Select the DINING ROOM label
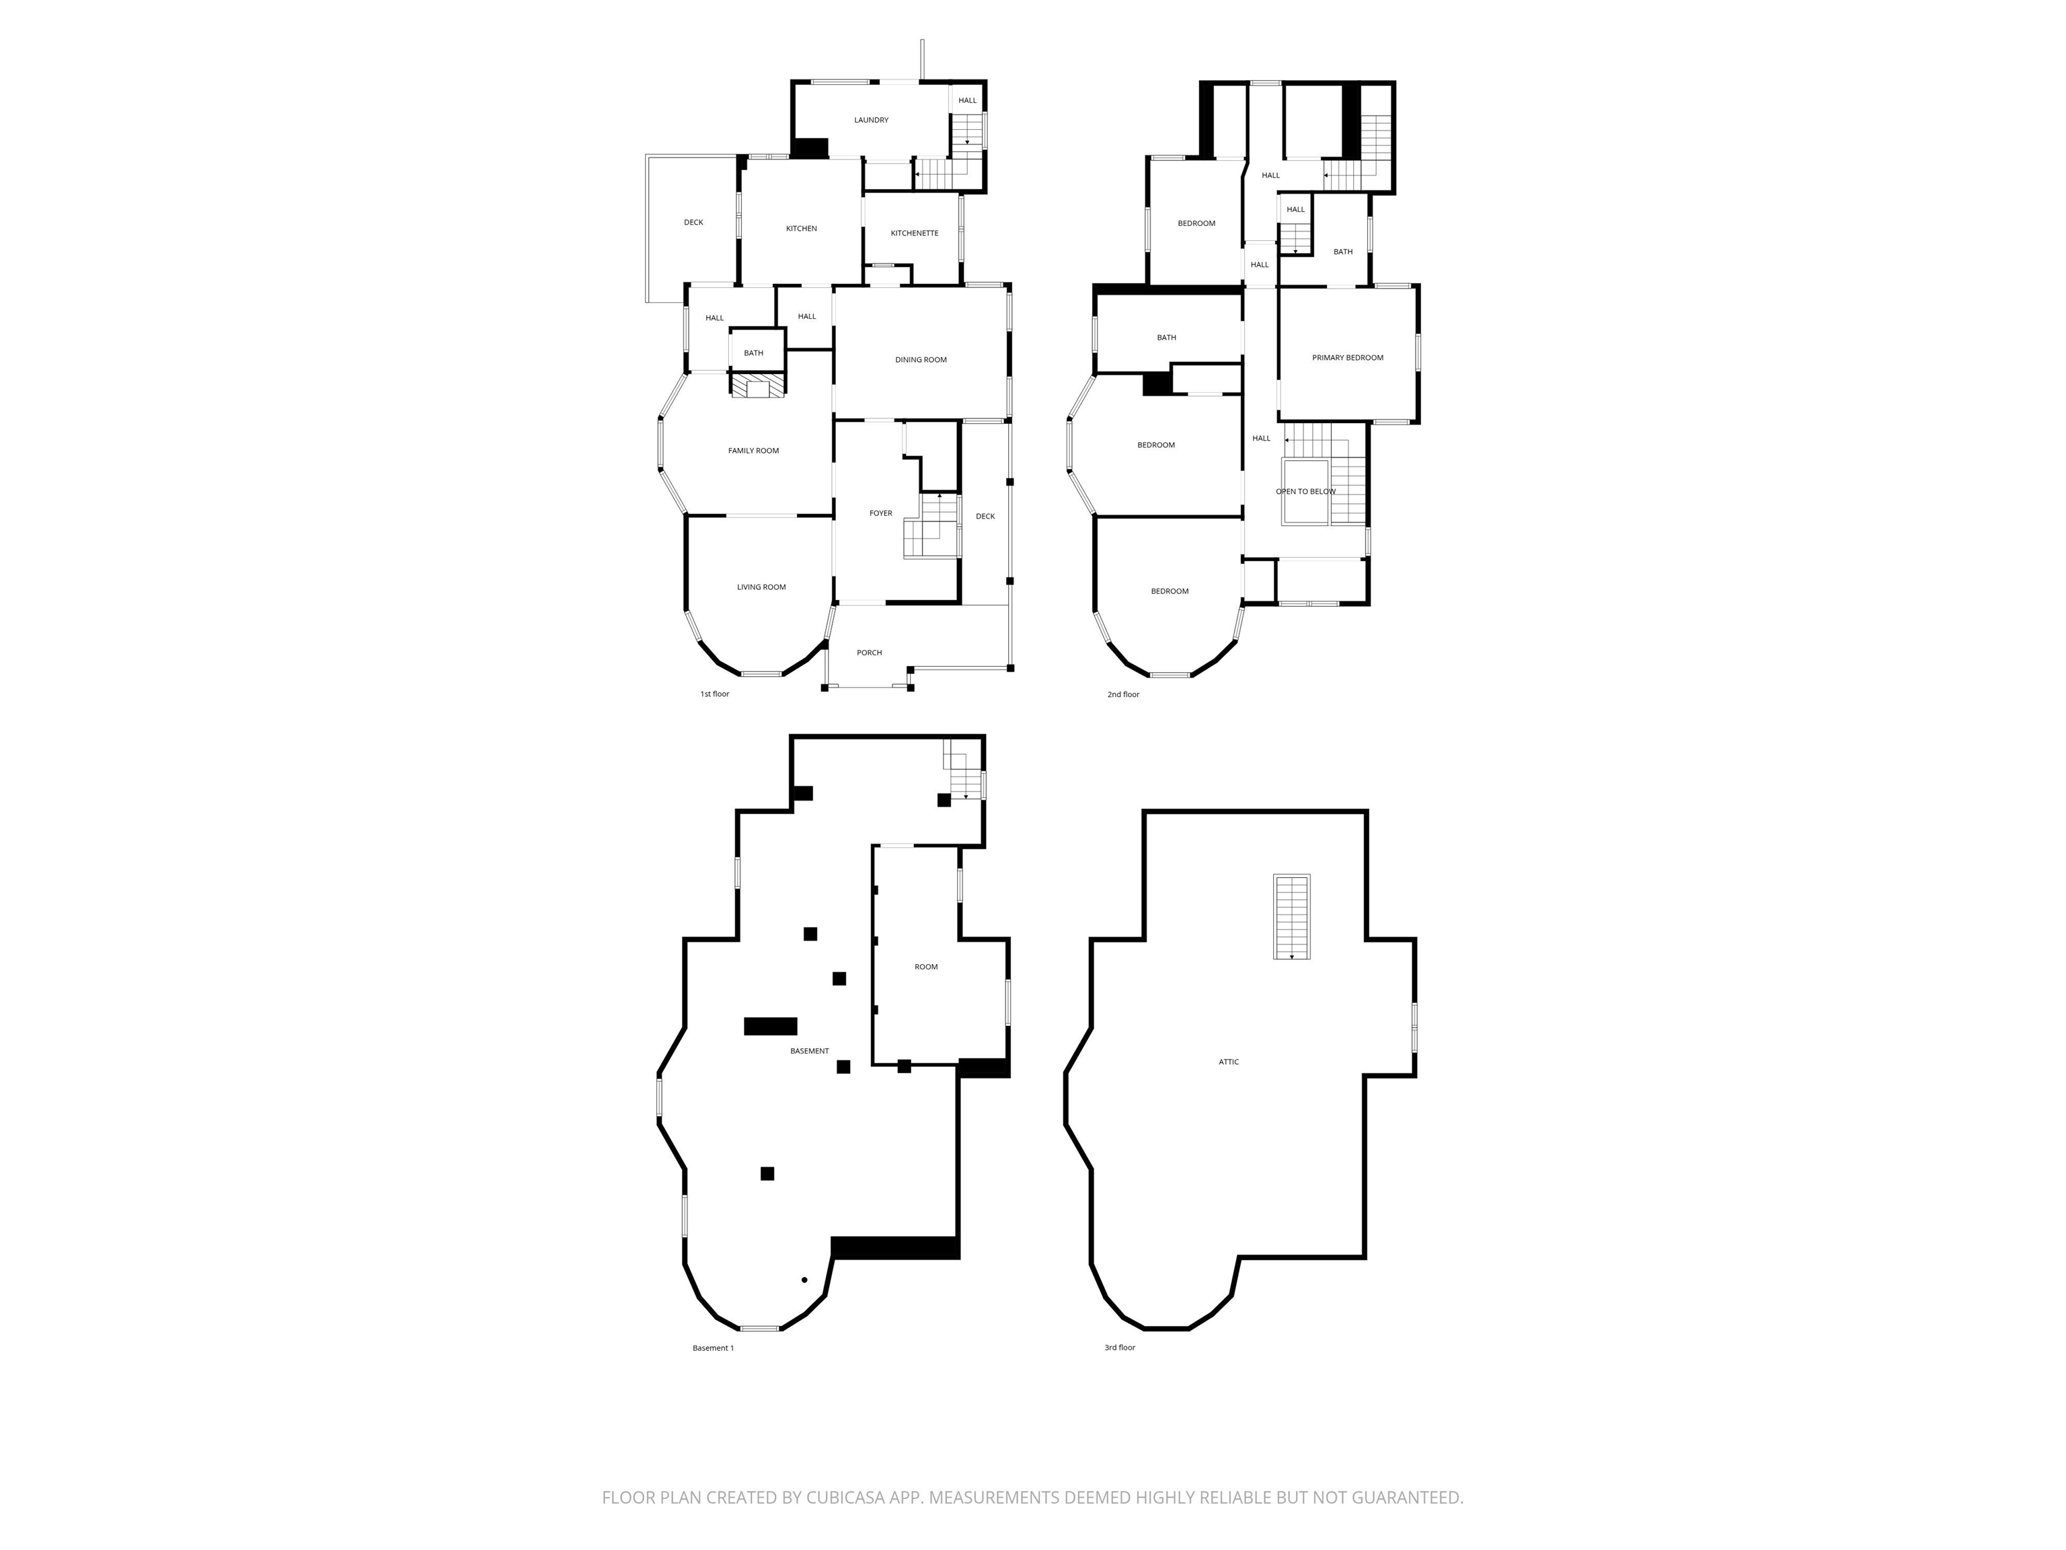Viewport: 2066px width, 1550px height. (x=920, y=360)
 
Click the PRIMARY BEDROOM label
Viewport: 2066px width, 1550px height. (x=1347, y=358)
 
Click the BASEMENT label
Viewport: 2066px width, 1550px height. (x=809, y=1051)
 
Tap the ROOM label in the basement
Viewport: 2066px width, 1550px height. (x=925, y=967)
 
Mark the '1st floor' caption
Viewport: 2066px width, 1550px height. (x=714, y=694)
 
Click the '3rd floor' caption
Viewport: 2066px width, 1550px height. (x=1119, y=1348)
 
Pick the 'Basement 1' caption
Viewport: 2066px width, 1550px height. (x=713, y=1348)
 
